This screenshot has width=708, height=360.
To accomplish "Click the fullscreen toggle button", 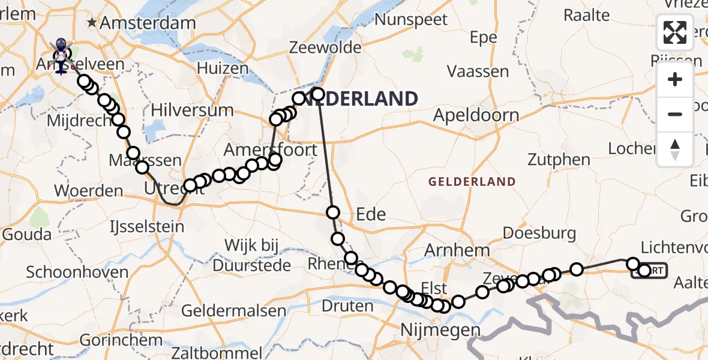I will [x=675, y=32].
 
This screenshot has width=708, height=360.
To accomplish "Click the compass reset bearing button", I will [x=675, y=149].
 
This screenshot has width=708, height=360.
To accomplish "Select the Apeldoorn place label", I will [x=476, y=115].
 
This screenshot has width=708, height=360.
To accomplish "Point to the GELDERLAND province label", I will [x=472, y=181].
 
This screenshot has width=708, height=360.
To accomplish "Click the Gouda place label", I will [x=27, y=234].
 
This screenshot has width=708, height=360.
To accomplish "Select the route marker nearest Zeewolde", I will [x=317, y=94].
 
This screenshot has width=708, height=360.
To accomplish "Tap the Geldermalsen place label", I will [x=233, y=310].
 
